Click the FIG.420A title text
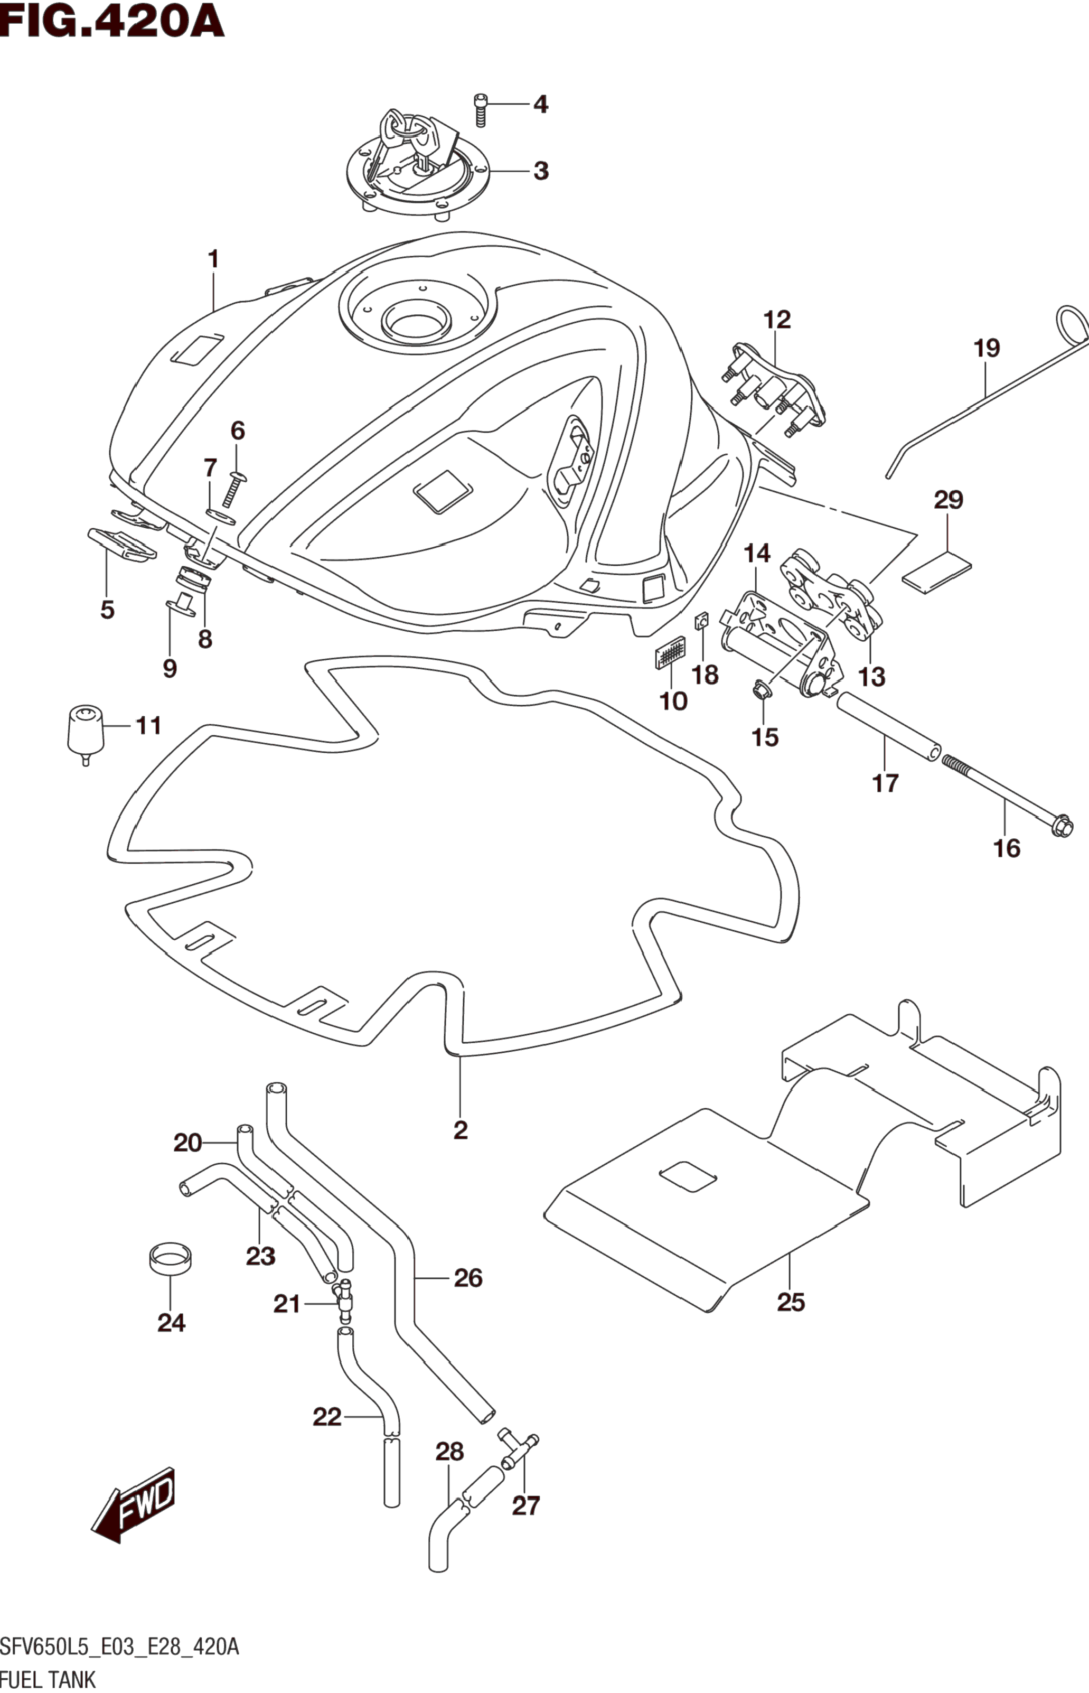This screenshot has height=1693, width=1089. pyautogui.click(x=112, y=22)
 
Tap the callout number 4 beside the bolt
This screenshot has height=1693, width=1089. pyautogui.click(x=540, y=105)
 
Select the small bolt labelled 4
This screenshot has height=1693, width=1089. pyautogui.click(x=481, y=110)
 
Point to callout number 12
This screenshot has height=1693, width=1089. pyautogui.click(x=776, y=320)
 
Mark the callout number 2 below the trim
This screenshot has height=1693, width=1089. pyautogui.click(x=461, y=1130)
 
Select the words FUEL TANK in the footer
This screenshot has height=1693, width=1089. pyautogui.click(x=48, y=1679)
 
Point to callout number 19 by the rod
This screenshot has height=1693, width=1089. pyautogui.click(x=987, y=349)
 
